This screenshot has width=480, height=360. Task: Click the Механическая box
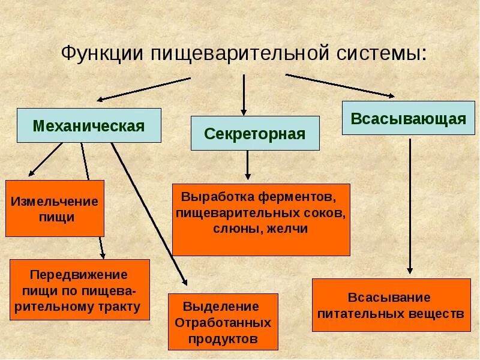[89, 125]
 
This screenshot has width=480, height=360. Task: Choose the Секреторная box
[255, 133]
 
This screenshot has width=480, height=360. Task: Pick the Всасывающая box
[408, 118]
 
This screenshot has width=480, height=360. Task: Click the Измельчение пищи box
[55, 208]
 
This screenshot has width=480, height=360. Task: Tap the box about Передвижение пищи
[80, 290]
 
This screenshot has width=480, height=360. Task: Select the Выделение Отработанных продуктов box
[223, 322]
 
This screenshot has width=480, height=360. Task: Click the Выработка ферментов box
[260, 220]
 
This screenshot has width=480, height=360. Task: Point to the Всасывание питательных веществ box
[391, 305]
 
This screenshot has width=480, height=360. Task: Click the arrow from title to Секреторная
[244, 94]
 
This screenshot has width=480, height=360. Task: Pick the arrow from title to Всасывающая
[340, 85]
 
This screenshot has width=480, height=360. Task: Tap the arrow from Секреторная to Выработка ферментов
[247, 166]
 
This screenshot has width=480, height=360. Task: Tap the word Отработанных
[223, 322]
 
